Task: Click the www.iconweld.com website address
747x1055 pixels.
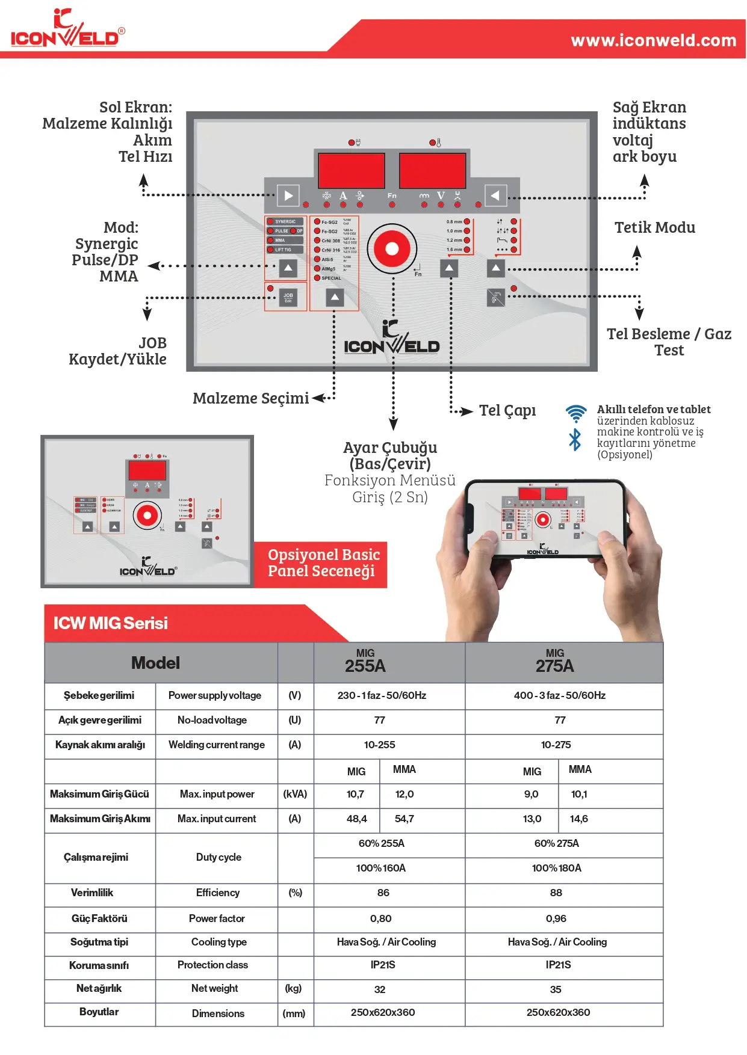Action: [653, 40]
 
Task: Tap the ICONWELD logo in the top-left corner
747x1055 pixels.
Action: [67, 30]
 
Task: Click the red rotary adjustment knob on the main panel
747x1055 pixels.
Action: [392, 248]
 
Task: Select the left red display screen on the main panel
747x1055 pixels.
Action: [351, 171]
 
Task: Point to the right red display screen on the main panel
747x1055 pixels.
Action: [432, 171]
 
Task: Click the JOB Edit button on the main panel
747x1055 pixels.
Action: [288, 297]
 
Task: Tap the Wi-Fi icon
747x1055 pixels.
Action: [576, 413]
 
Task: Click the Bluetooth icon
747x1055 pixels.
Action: [575, 440]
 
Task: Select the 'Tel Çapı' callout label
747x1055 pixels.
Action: [507, 410]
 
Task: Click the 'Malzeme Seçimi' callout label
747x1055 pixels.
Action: [250, 398]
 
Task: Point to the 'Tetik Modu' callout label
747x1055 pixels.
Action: [654, 227]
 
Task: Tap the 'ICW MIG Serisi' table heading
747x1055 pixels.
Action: [111, 623]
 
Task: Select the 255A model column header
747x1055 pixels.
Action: [365, 662]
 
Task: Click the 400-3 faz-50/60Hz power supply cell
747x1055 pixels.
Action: [559, 695]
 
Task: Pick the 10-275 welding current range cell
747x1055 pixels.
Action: [556, 745]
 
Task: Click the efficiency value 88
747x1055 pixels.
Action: [556, 893]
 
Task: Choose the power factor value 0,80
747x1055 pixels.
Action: [380, 918]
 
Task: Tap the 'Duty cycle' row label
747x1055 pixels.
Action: [219, 857]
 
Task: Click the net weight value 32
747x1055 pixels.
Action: [380, 989]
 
